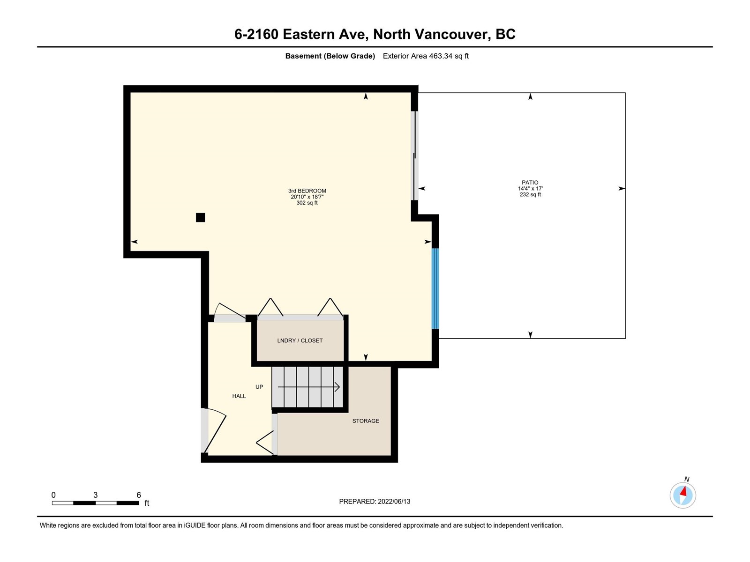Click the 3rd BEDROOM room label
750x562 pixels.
[307, 191]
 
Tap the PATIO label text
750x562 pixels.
[530, 183]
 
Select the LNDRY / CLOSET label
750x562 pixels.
[300, 340]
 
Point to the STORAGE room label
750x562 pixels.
[366, 421]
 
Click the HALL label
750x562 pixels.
[239, 396]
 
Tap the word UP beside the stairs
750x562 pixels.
[259, 387]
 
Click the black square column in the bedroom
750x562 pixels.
[200, 217]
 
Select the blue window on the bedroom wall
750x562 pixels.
[435, 288]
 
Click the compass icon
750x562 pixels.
[682, 495]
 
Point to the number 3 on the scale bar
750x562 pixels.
[95, 495]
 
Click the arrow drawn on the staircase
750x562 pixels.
[308, 387]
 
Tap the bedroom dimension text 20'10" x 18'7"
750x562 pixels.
[307, 197]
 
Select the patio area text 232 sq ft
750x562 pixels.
[530, 194]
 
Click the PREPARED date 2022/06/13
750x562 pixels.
[394, 502]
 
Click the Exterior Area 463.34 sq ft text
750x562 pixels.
[426, 56]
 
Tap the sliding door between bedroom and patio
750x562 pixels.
[414, 155]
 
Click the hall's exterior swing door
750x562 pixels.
[215, 430]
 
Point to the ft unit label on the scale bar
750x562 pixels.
[147, 503]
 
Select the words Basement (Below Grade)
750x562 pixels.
[330, 56]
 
